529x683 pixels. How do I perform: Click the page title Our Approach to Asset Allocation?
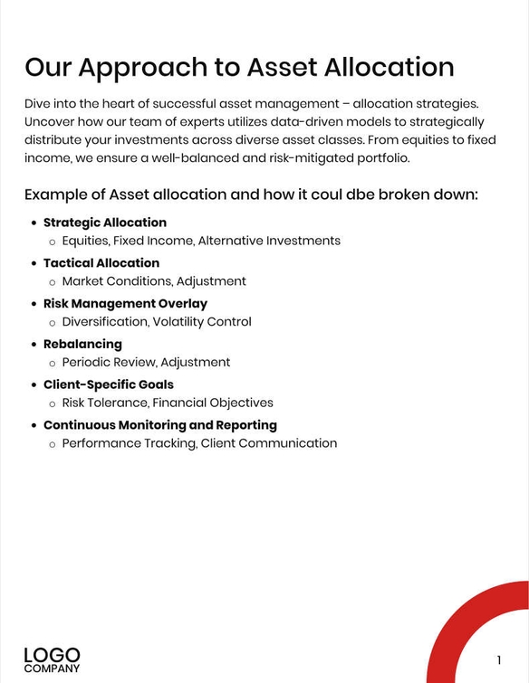click(x=239, y=67)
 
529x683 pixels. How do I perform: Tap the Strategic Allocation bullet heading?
click(x=105, y=223)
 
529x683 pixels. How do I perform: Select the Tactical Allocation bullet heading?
click(x=101, y=263)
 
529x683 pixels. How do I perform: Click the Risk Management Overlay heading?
click(x=125, y=304)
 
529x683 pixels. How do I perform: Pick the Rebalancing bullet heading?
click(x=82, y=345)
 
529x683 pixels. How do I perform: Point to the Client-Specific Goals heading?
click(x=109, y=384)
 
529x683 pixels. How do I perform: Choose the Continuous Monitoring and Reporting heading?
click(x=160, y=425)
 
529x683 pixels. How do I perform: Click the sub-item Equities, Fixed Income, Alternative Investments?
click(x=201, y=241)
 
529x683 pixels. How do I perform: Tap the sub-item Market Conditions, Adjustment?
click(x=154, y=281)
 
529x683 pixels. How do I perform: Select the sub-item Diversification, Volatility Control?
click(x=157, y=322)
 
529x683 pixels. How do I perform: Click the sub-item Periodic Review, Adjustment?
click(x=146, y=363)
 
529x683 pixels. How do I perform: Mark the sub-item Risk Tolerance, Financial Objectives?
click(x=168, y=403)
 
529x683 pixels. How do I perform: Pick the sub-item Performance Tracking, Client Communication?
click(x=199, y=443)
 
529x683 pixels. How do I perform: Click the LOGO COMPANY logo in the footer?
click(x=52, y=659)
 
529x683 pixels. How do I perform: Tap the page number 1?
click(x=499, y=659)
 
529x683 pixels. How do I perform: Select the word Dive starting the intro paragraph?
click(x=39, y=104)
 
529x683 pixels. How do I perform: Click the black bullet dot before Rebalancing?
click(x=34, y=345)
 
